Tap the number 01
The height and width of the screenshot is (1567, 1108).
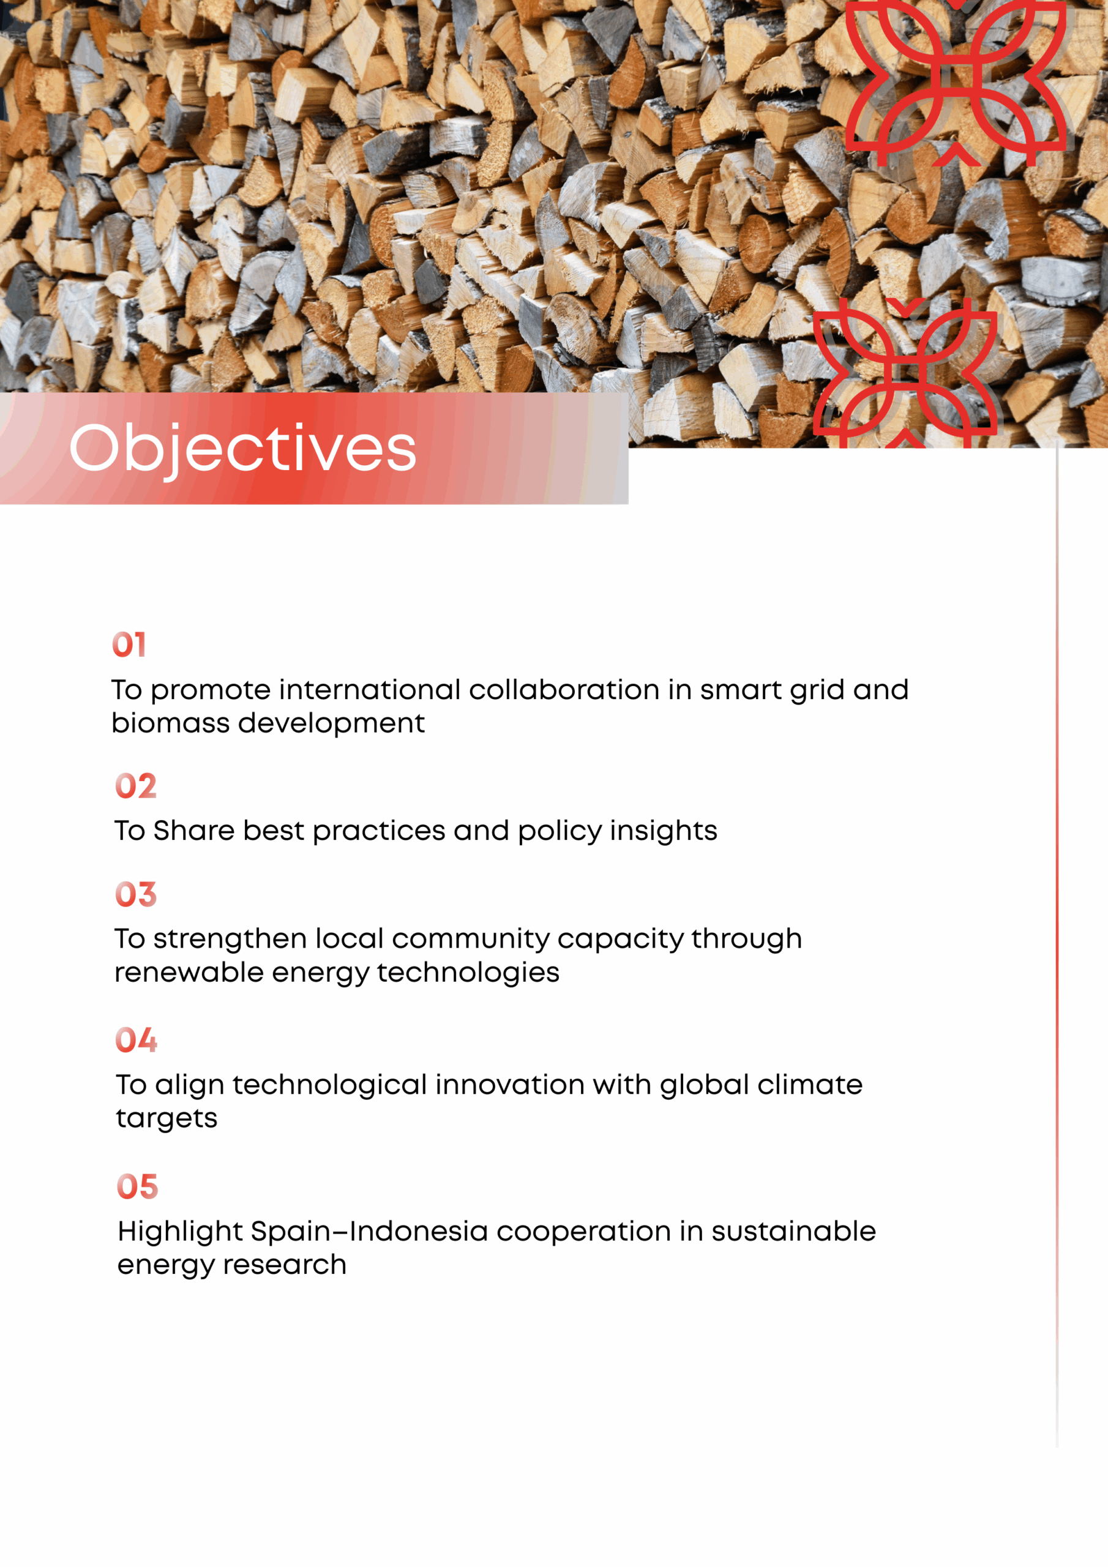(129, 645)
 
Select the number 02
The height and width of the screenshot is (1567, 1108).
(136, 785)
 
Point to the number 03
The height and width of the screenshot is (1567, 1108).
(136, 894)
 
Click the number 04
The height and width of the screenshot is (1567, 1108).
(137, 1040)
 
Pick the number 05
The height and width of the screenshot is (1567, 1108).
(137, 1186)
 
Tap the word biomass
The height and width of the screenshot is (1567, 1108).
(171, 723)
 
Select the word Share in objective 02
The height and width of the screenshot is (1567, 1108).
(195, 831)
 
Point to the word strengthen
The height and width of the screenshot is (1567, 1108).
(230, 940)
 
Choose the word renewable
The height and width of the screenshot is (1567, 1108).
(189, 972)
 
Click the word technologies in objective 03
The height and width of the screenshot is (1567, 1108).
(468, 973)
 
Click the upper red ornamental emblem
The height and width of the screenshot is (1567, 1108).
(956, 83)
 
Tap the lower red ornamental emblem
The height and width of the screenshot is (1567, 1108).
(905, 373)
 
